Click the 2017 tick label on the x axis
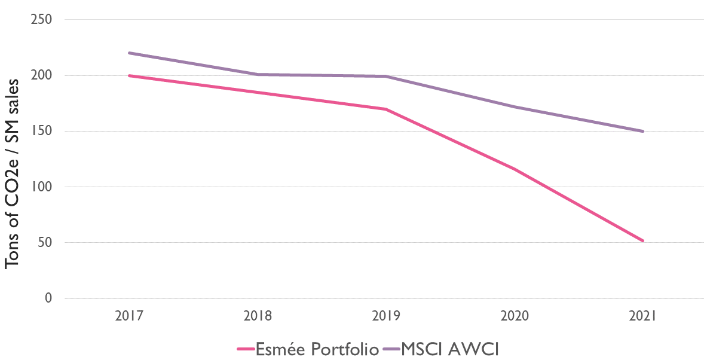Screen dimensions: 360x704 [x=128, y=315]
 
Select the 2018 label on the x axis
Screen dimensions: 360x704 [x=258, y=315]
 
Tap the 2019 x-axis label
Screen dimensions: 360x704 [x=386, y=315]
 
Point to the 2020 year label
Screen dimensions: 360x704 [x=515, y=315]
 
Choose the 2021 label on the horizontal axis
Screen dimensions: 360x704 [x=643, y=315]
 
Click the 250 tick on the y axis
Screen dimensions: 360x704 [x=41, y=20]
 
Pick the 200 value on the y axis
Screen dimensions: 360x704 [x=41, y=76]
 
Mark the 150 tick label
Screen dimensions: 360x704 [x=41, y=132]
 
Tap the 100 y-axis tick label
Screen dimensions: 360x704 [x=41, y=187]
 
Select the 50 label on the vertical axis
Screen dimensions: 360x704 [x=45, y=243]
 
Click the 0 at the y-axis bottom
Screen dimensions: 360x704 [x=48, y=298]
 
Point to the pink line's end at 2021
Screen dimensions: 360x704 [x=643, y=241]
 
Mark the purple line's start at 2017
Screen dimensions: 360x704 [x=129, y=53]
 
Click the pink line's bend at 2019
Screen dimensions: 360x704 [x=386, y=109]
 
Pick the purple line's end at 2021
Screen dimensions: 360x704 [x=643, y=132]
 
